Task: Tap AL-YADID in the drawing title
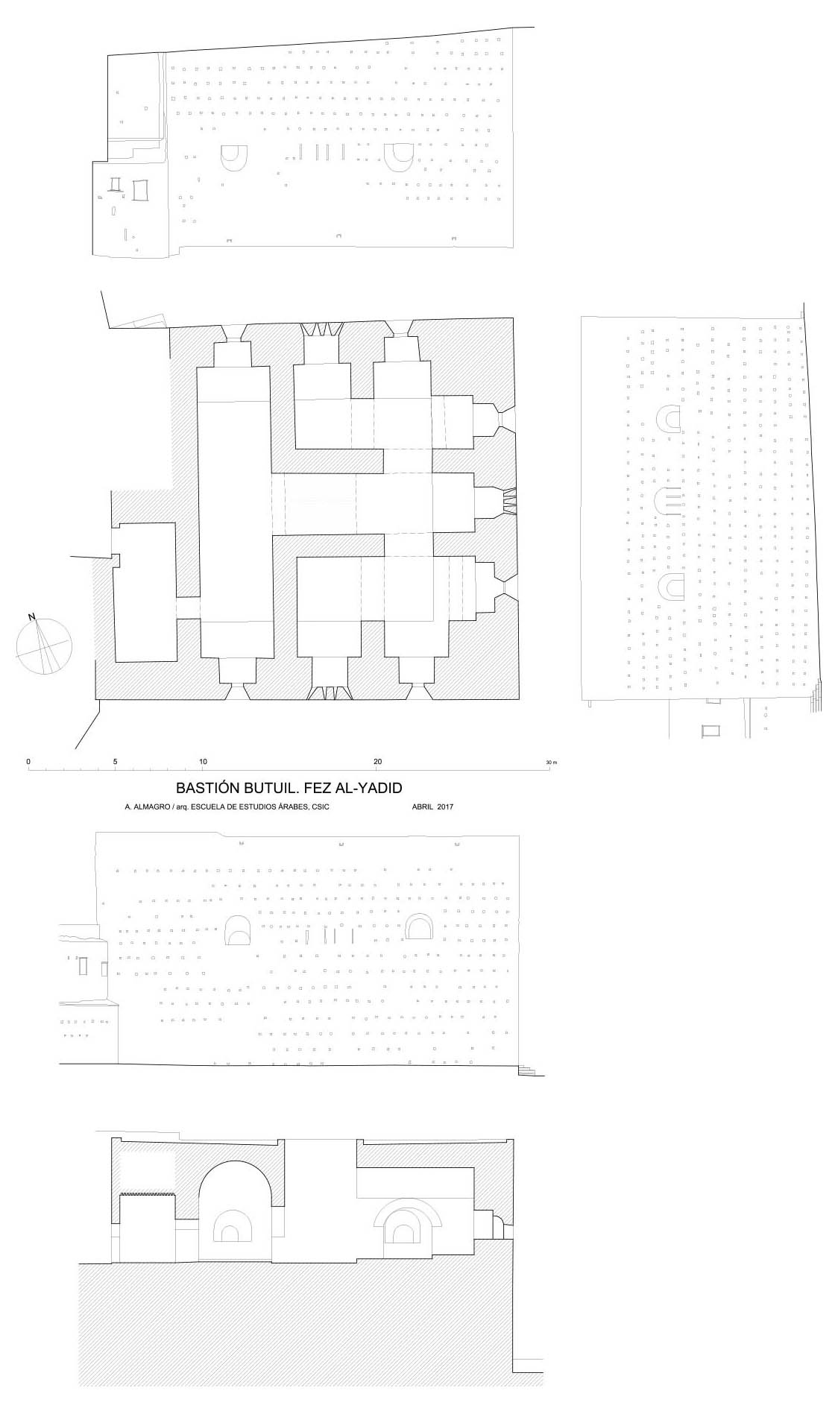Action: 368,788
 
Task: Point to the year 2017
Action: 445,807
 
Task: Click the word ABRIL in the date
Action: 422,807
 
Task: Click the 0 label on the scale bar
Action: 28,761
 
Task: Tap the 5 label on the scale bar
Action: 115,761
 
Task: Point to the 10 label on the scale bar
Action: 203,761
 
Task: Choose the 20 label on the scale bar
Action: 378,761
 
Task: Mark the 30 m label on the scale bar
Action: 551,763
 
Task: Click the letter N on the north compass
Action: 31,616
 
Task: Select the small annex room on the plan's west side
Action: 145,591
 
